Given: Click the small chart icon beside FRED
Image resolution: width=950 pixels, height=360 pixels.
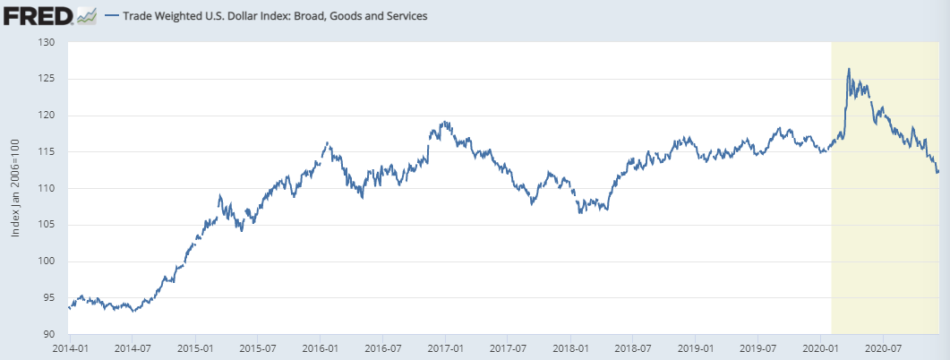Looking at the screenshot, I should coord(87,15).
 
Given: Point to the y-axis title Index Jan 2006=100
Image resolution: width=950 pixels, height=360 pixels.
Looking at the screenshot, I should coord(15,188).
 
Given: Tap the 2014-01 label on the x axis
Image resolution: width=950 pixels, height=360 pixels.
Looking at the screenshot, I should coord(68,347).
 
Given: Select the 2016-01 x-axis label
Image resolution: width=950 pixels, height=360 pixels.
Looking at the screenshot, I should coord(320,347).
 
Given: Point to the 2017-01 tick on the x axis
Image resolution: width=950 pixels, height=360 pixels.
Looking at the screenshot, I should coord(445,347).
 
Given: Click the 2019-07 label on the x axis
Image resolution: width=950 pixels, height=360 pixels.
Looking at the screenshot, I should coord(757,347).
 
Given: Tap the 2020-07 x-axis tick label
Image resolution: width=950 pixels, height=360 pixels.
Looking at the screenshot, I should coord(883,347).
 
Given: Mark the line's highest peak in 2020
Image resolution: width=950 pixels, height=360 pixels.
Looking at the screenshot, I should coord(849,68).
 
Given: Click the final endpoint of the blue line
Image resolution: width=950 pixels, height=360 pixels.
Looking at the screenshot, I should coord(938,172).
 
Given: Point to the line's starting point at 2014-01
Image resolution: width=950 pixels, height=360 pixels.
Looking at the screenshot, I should coord(69,307).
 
